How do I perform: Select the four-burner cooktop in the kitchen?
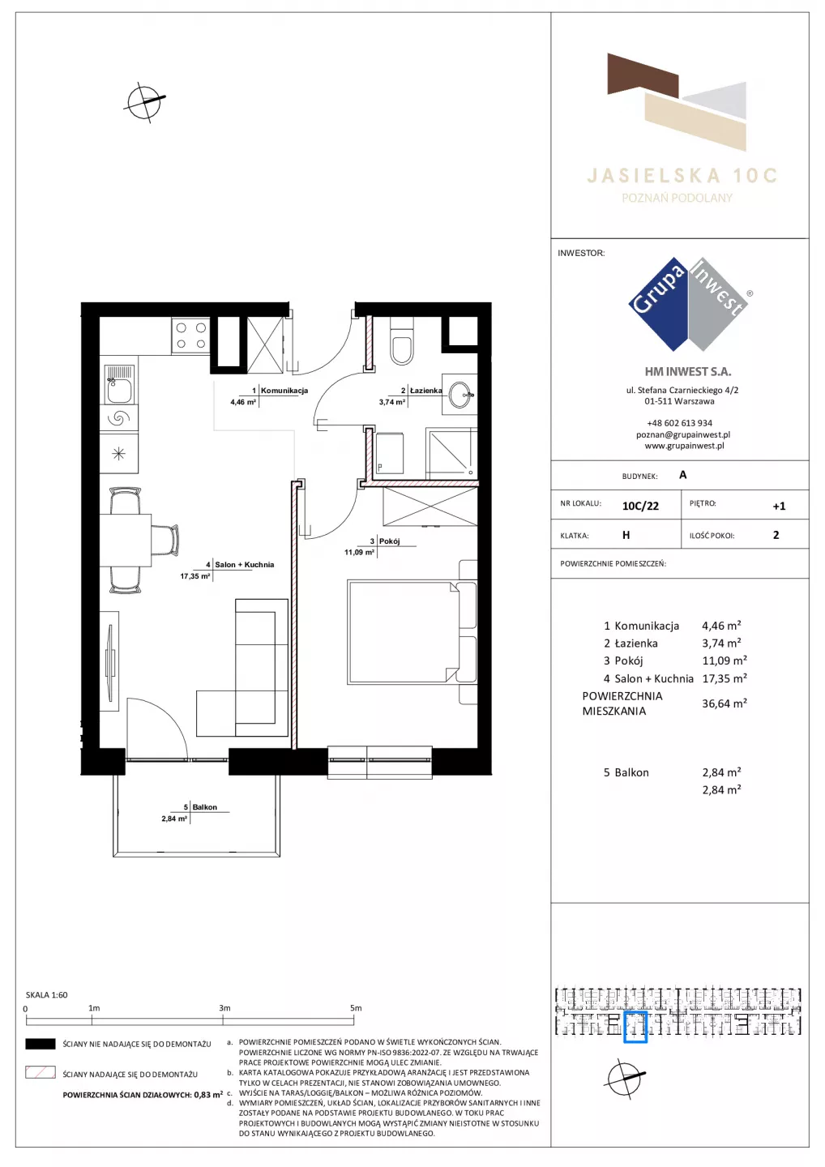point(190,336)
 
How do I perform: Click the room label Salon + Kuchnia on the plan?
point(244,564)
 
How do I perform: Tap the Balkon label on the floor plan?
point(205,807)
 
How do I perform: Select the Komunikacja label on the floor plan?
point(284,391)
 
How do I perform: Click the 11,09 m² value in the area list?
point(725,660)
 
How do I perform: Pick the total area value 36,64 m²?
point(725,703)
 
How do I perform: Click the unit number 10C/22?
point(640,506)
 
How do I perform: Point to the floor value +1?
point(779,506)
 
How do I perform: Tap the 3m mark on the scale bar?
point(224,1008)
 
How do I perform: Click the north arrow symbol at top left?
point(145,101)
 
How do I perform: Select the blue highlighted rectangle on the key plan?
point(635,1027)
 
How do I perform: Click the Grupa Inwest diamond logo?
point(689,304)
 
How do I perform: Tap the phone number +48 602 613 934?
point(680,423)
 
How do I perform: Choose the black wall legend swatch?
point(40,1044)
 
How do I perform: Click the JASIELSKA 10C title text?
point(682,176)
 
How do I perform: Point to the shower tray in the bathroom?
point(451,451)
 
